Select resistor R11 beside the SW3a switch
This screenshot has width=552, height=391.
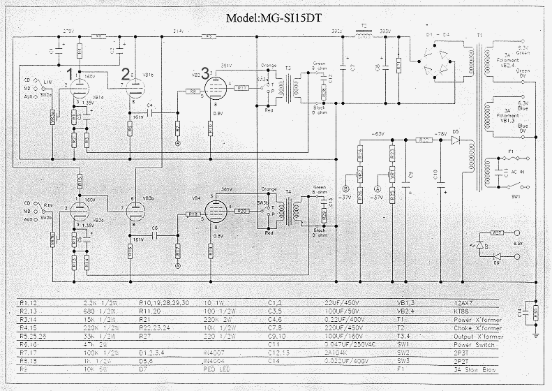point(241,87)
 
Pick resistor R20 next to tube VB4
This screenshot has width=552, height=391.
point(241,210)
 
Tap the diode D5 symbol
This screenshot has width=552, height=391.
point(456,140)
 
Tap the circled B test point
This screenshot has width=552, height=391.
point(345,188)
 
